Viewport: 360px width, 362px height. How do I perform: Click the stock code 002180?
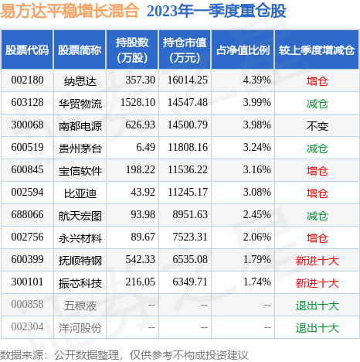pyautogui.click(x=27, y=80)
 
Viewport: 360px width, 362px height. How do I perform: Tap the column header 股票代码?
pyautogui.click(x=27, y=50)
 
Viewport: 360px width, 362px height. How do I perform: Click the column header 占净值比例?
pyautogui.click(x=243, y=50)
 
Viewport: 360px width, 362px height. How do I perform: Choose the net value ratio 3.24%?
pyautogui.click(x=254, y=147)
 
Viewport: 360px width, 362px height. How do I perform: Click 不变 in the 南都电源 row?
pyautogui.click(x=317, y=125)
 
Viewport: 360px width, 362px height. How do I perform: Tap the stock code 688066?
pyautogui.click(x=27, y=214)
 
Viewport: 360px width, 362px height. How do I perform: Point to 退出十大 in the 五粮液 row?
pyautogui.click(x=317, y=305)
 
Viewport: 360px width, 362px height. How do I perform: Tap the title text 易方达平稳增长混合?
pyautogui.click(x=70, y=12)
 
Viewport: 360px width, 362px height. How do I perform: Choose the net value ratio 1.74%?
pyautogui.click(x=254, y=282)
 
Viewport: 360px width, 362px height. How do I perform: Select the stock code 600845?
pyautogui.click(x=27, y=169)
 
